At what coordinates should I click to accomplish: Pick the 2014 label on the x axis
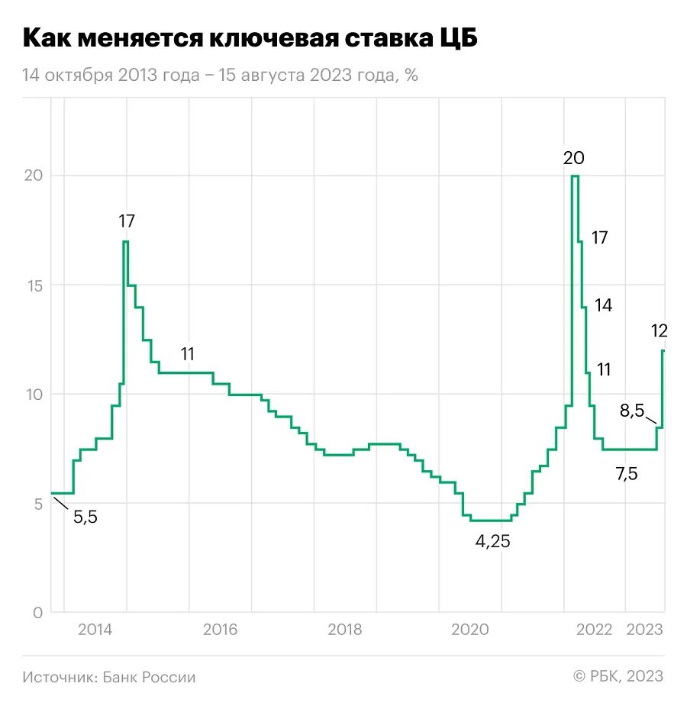coord(95,630)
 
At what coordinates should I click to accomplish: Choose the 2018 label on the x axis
coord(345,630)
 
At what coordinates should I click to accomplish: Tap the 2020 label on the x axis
coord(469,630)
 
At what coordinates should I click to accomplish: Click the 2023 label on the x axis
coord(645,630)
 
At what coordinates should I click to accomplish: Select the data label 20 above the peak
coord(573,158)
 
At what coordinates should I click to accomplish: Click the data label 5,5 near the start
coord(85,517)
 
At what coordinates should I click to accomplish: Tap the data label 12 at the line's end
coord(660,330)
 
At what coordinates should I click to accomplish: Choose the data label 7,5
coord(626,474)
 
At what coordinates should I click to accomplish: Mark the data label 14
coord(603,305)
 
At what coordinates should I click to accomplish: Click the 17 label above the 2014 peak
coord(126,221)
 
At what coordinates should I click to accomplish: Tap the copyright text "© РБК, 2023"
coord(618,676)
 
